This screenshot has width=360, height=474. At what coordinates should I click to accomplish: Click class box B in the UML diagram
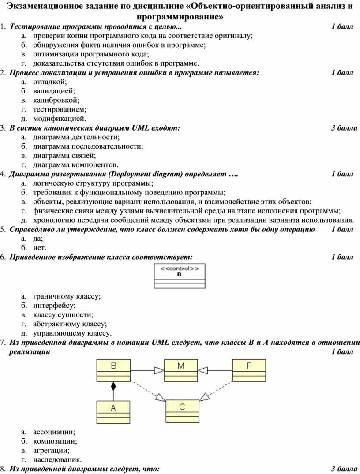tap(113, 370)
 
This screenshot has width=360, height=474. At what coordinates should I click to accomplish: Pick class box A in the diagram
tap(113, 412)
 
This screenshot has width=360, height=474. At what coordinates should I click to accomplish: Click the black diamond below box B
tap(113, 387)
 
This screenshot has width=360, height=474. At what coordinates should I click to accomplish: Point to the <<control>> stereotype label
tap(179, 268)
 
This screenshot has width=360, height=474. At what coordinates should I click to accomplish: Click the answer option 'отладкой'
tap(49, 82)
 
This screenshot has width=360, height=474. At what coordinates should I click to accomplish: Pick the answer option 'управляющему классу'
tap(72, 333)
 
